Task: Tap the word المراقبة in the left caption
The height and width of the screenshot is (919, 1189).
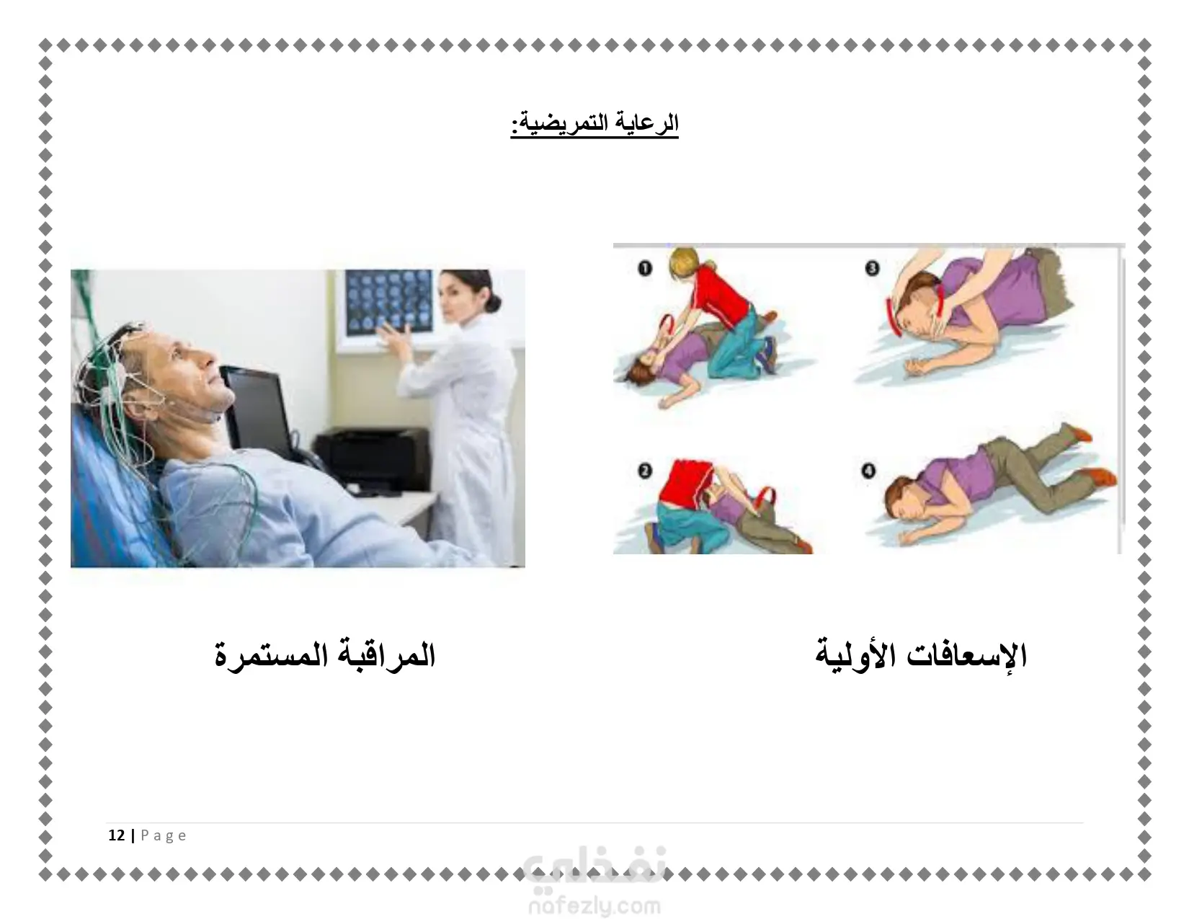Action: (x=384, y=654)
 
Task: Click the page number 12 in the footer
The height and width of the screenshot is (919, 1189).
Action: (x=117, y=835)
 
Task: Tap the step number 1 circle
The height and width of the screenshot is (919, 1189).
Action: (x=645, y=268)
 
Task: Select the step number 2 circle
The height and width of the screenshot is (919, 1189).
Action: (x=645, y=471)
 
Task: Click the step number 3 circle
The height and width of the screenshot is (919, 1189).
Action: (x=872, y=268)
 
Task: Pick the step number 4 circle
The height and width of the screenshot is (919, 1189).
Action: (x=869, y=471)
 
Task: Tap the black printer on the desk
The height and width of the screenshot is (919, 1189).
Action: (x=372, y=461)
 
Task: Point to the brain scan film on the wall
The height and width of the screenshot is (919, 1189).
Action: (x=390, y=303)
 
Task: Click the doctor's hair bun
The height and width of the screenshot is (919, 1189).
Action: (x=493, y=303)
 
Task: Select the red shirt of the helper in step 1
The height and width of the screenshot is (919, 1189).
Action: (x=719, y=296)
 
